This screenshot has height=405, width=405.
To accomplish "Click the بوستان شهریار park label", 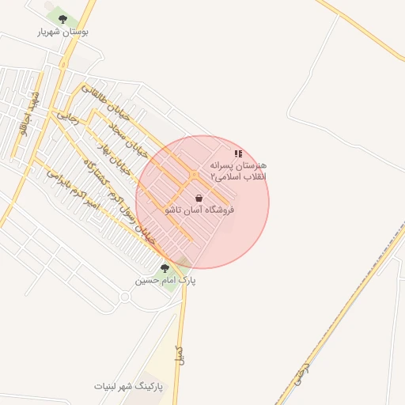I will (62, 32).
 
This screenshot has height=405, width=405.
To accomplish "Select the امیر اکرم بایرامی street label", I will (69, 182).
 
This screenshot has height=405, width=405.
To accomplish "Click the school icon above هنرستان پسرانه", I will (238, 153).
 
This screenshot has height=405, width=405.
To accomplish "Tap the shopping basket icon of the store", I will (198, 198).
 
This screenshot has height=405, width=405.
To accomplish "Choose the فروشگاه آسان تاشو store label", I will (199, 210).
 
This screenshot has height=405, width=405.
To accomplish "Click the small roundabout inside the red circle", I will (193, 174).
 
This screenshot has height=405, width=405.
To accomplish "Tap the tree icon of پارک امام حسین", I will (165, 268).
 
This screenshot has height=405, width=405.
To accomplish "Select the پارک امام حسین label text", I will (165, 280).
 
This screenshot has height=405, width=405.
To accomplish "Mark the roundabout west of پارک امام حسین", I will (124, 297).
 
